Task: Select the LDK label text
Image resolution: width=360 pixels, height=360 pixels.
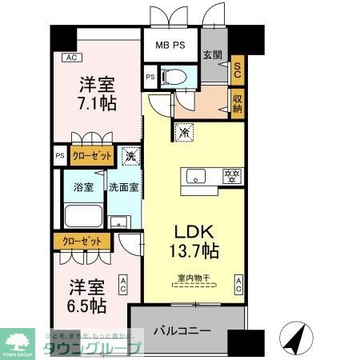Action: pos(193,232)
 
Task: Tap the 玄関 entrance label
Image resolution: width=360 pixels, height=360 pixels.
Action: pos(212,54)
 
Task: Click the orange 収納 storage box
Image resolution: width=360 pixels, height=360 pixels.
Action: pos(237,102)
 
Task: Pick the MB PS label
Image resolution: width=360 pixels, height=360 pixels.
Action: pos(170,46)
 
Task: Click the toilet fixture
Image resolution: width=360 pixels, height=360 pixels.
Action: pos(175,77)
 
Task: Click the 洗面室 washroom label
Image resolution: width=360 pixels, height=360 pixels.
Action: pos(124,187)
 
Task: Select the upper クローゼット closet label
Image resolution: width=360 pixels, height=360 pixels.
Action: pos(90,155)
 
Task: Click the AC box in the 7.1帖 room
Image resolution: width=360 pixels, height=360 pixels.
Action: pos(71,57)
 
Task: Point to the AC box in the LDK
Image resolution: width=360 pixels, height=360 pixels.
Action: pos(238,284)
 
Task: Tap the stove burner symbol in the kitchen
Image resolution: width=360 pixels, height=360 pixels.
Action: pos(232,175)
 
